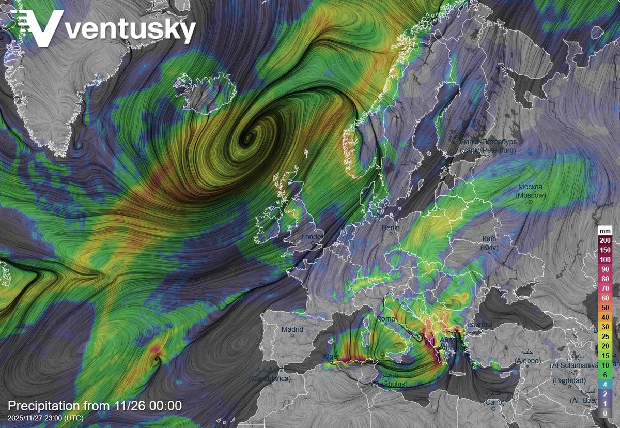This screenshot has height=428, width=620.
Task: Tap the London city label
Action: pos(312,237)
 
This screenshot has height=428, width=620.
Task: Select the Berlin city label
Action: pos(391,227)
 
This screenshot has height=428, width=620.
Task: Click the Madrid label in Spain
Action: pos(292,329)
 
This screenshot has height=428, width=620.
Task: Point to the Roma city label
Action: pos(385,319)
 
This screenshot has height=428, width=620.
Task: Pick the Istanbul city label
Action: pos(481,324)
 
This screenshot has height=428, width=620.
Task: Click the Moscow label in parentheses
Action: pos(531,195)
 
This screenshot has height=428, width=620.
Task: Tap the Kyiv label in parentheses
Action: pos(488,249)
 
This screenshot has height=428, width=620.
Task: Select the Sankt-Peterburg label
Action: pos(488,150)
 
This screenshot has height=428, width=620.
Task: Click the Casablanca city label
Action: pos(270,379)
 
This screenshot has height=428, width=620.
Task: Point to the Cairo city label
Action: pos(493,402)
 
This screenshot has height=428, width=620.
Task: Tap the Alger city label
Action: pos(331,357)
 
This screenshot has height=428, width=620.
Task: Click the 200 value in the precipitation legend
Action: pos(605,240)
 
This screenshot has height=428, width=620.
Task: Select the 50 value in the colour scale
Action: pos(605,308)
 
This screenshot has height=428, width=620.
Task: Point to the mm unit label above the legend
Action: pos(605,231)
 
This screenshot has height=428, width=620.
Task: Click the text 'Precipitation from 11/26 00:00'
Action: pos(95,406)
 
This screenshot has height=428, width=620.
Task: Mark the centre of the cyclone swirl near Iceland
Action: pos(249,138)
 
